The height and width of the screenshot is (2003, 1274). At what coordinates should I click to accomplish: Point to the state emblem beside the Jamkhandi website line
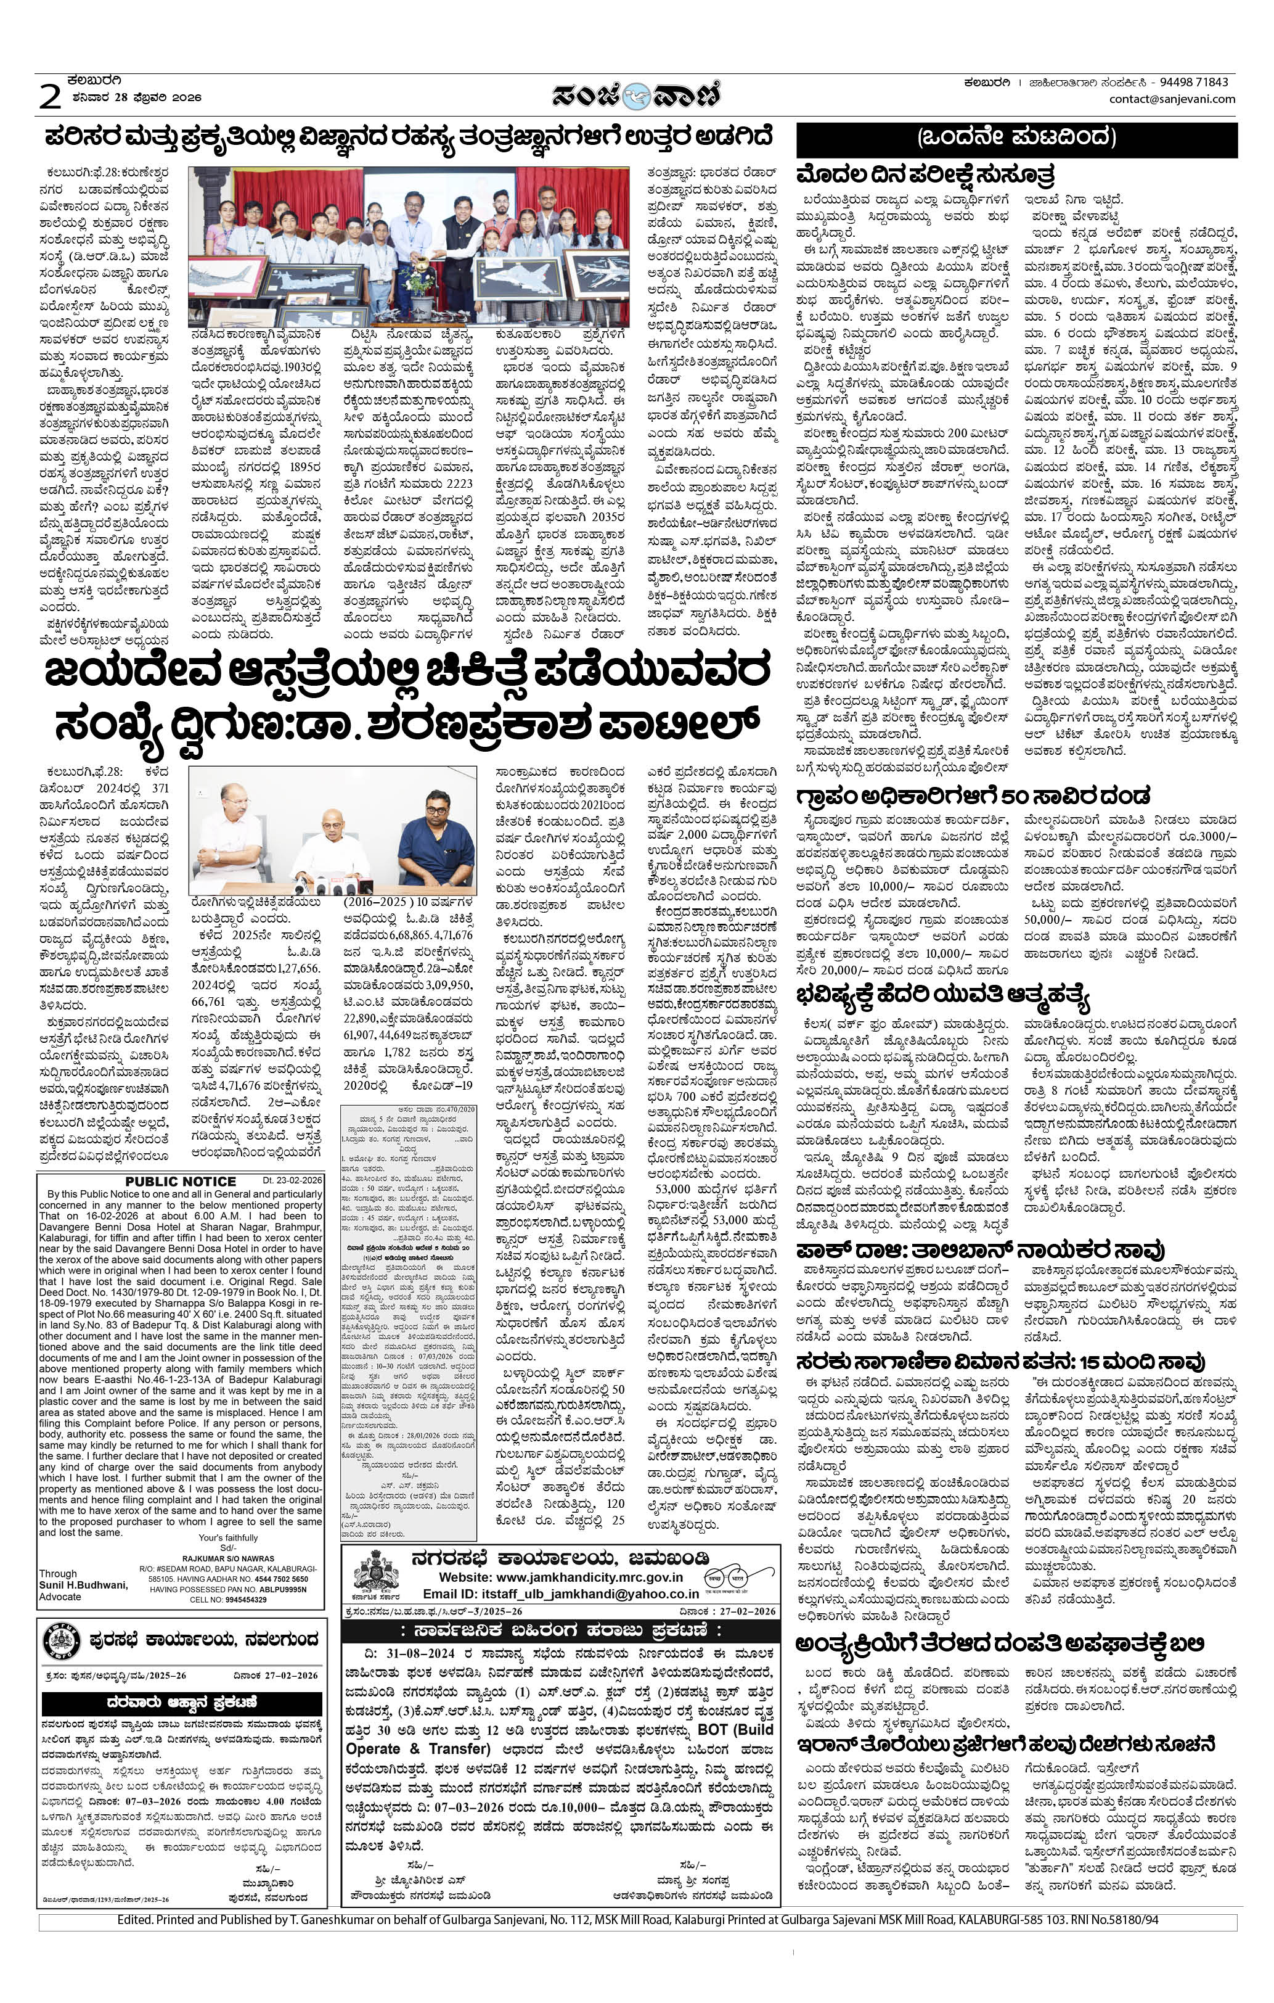[x=376, y=1574]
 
